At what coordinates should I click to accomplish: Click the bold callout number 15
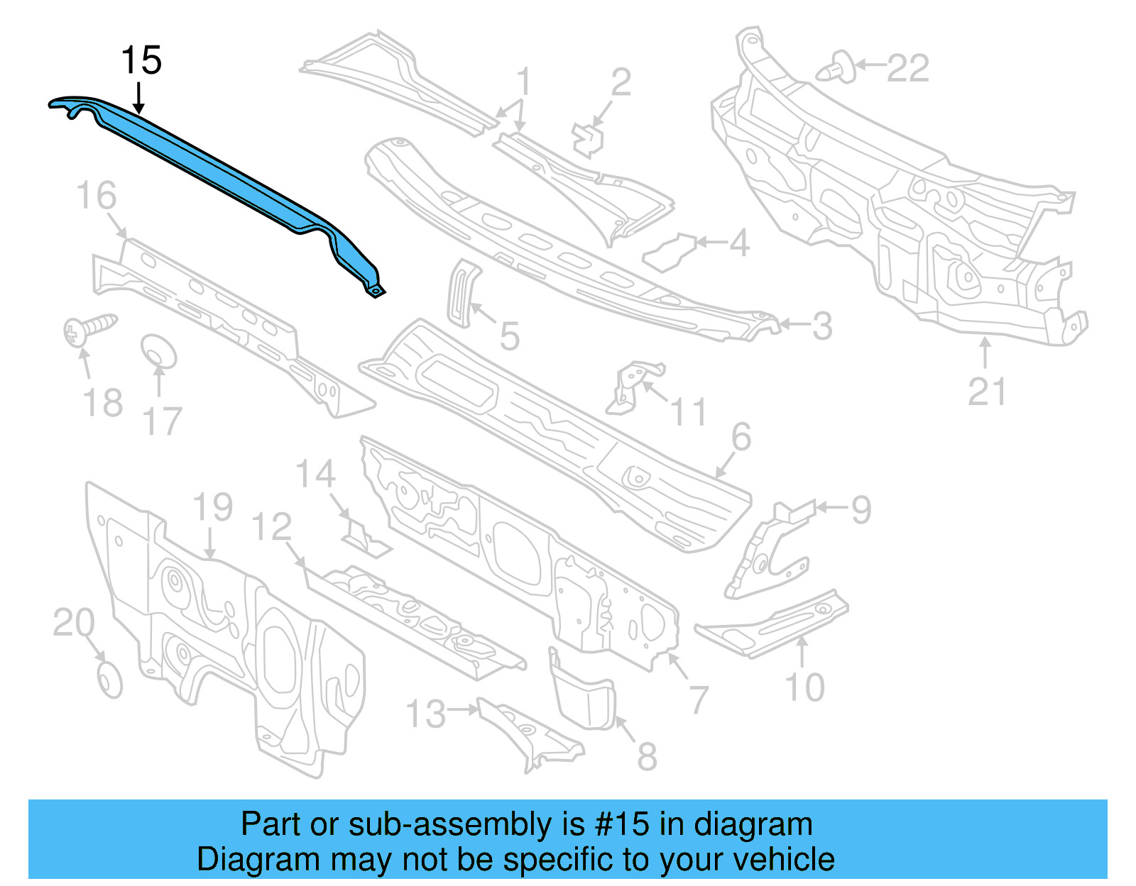(x=141, y=60)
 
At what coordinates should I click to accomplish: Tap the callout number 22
(x=908, y=69)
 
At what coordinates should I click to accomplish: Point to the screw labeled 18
(x=89, y=329)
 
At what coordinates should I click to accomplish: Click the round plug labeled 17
(x=158, y=352)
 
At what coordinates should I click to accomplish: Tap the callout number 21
(x=987, y=392)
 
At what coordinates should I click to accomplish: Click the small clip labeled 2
(x=589, y=138)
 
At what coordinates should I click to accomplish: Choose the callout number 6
(x=741, y=437)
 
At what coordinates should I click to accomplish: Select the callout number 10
(x=804, y=687)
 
